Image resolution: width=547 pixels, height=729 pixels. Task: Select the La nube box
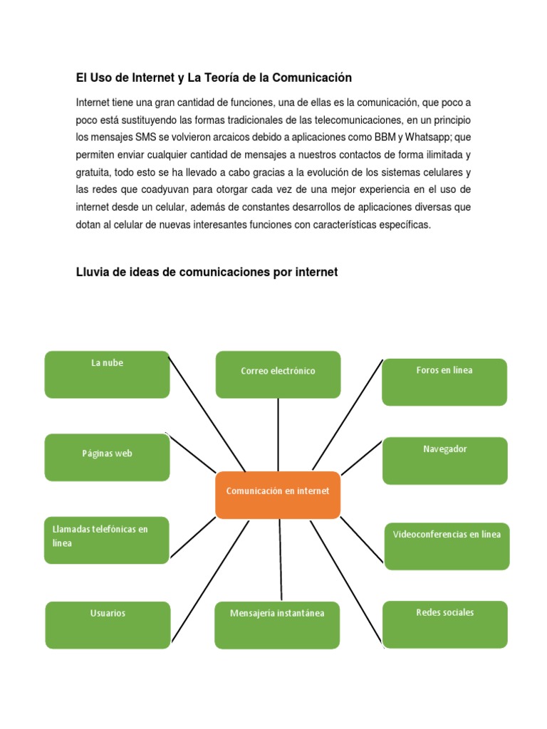point(107,374)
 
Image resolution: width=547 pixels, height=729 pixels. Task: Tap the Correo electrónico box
point(278,374)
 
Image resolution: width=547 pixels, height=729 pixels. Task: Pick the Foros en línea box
point(444,382)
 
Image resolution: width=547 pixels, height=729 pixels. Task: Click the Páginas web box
point(107,457)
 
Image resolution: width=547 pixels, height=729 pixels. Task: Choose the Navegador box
point(444,461)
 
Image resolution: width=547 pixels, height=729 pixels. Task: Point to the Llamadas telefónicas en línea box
point(107,540)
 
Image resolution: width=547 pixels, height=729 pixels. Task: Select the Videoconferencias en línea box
point(447,546)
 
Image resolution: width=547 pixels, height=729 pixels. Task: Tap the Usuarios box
point(108,625)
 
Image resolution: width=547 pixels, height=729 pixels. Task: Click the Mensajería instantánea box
point(277,625)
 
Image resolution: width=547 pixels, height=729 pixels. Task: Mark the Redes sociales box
point(444,624)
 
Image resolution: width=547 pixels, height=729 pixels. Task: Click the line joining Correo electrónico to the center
point(278,434)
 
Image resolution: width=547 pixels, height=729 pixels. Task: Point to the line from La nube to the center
point(207,414)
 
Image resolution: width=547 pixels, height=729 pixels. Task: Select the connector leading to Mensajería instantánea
point(281,560)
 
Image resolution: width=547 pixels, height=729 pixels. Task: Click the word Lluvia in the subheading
point(93,271)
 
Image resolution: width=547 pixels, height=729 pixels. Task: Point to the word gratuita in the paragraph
point(93,172)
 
